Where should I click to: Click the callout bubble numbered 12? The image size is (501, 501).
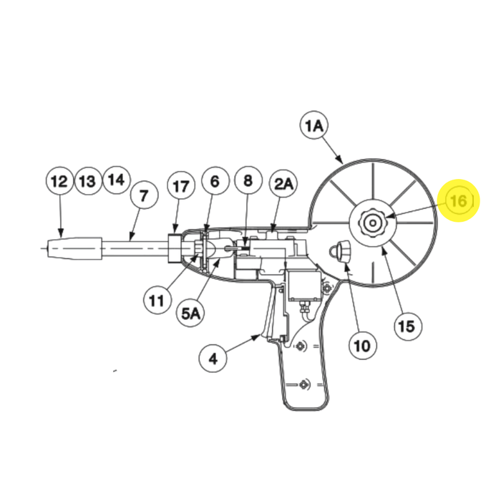tap(59, 180)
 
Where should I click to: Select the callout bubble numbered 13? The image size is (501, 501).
tap(88, 180)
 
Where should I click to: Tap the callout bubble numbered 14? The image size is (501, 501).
tap(116, 180)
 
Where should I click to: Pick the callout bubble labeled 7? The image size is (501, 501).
tap(144, 195)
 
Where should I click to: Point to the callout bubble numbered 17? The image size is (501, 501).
tap(181, 185)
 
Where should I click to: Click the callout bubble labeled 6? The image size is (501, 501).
tap(215, 180)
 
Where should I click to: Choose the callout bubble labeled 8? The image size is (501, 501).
tap(248, 180)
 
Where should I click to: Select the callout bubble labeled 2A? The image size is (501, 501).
tap(283, 183)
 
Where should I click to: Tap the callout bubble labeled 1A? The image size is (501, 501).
tap(314, 125)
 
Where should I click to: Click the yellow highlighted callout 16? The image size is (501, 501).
tap(458, 200)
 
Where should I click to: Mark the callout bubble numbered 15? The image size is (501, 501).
tap(408, 326)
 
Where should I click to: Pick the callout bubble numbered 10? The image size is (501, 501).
tap(362, 345)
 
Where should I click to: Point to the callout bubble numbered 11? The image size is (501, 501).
tap(157, 301)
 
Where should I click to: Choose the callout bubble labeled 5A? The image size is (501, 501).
tap(191, 313)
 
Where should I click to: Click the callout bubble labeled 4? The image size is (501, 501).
tap(213, 358)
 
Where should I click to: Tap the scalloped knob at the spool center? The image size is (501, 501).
tap(372, 223)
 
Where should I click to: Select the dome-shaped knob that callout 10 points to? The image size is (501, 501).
tap(340, 251)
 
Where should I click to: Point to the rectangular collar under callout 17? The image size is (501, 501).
tap(175, 248)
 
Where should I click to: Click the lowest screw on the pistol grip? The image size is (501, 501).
tap(303, 384)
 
